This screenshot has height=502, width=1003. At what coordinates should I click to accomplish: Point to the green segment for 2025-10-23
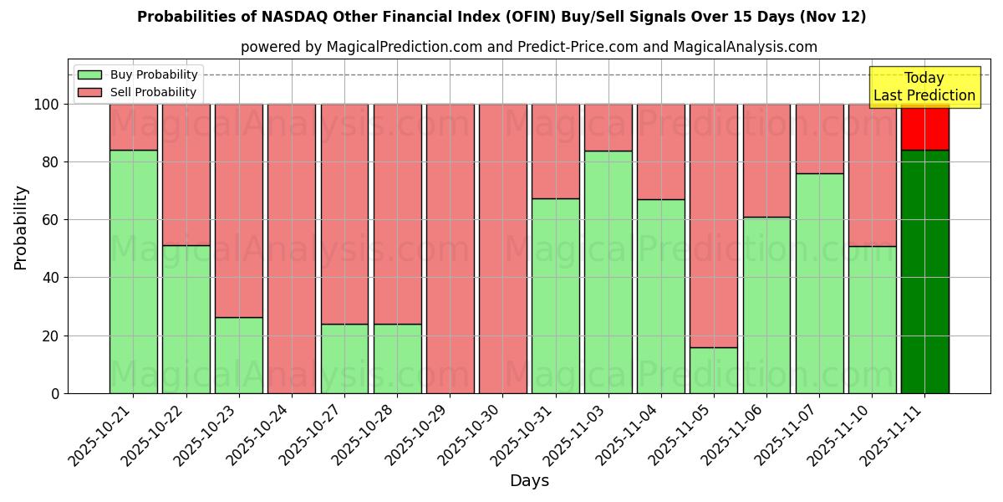(238, 355)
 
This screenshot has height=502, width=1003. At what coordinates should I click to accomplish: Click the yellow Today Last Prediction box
(924, 87)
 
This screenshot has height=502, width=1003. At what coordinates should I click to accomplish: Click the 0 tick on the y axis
(55, 393)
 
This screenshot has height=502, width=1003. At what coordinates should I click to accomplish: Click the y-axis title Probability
(21, 227)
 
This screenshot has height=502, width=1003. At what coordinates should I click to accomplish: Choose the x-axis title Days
(529, 481)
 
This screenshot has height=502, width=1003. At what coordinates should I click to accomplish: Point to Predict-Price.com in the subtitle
(578, 47)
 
